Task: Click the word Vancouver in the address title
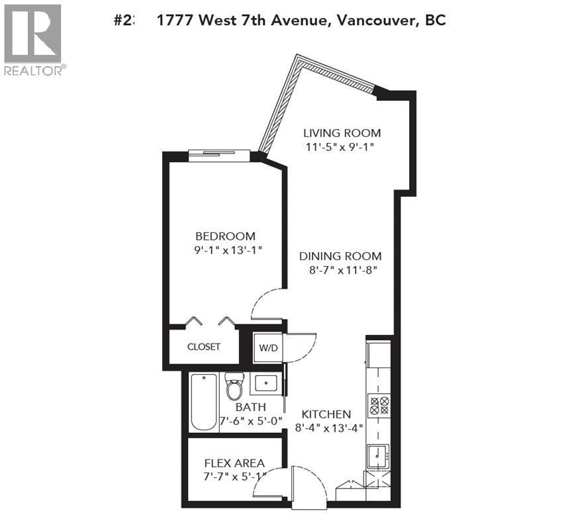(x=374, y=21)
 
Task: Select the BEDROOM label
(x=224, y=236)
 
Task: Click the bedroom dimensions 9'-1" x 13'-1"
(x=224, y=250)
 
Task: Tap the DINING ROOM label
(x=340, y=256)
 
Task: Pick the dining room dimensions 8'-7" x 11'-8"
(x=340, y=270)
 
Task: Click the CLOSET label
(x=203, y=347)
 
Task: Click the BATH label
(x=250, y=407)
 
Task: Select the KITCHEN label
(x=326, y=414)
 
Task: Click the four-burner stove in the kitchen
(x=379, y=404)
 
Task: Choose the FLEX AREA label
(x=234, y=463)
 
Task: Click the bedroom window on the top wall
(x=218, y=155)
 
